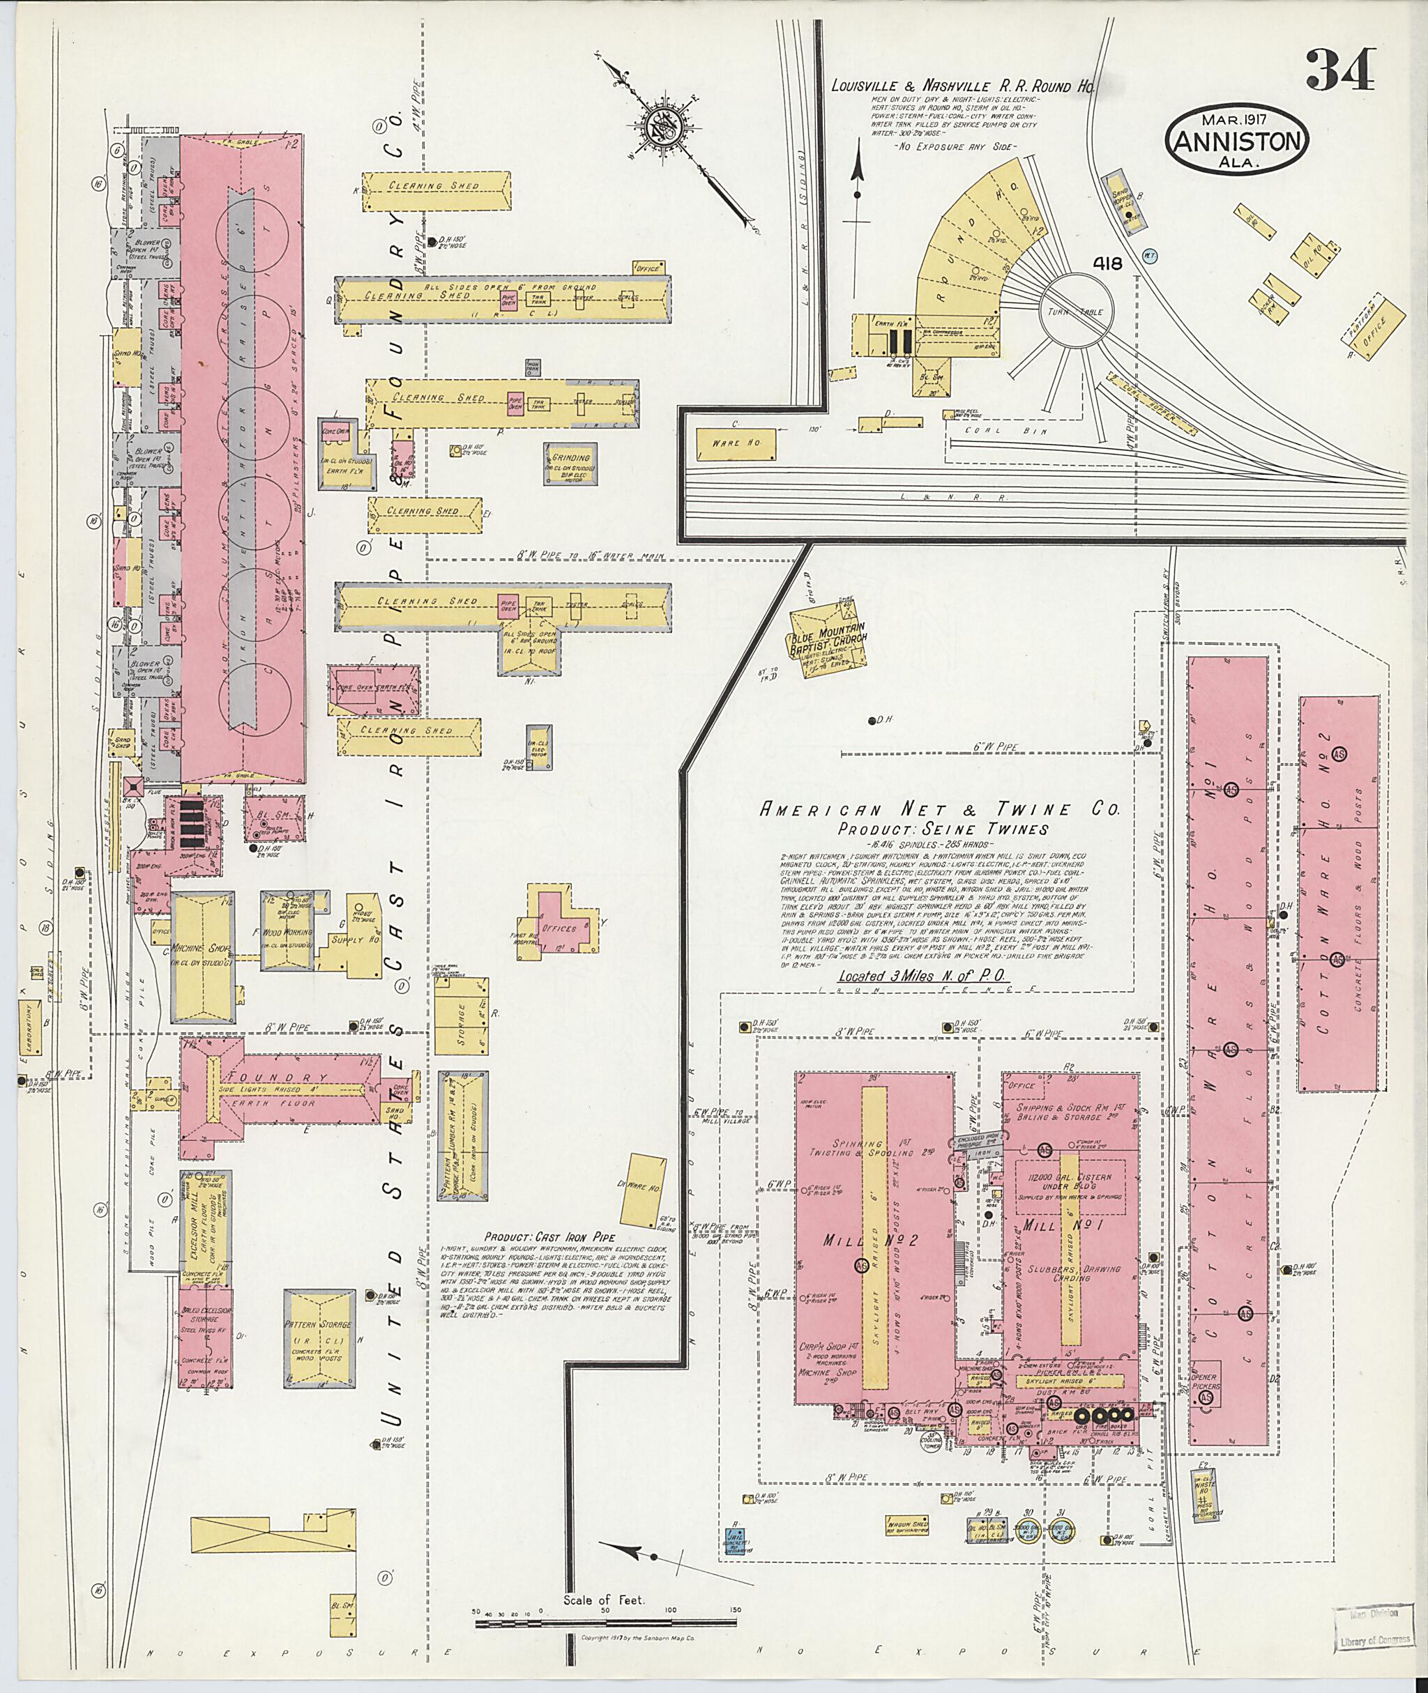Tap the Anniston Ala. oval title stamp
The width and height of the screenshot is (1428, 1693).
coord(1236,141)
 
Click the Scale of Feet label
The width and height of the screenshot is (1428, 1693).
coord(604,1577)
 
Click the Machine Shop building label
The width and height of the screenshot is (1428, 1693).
coord(191,947)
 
